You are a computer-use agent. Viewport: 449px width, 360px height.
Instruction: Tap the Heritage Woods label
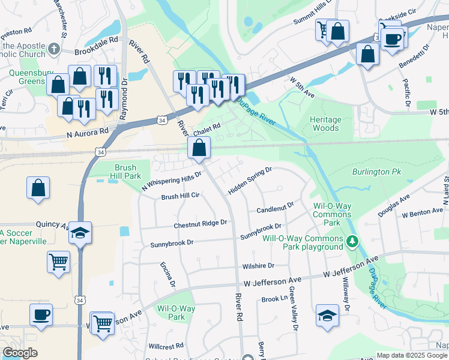325,124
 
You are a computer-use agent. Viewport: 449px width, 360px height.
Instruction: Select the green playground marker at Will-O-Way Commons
354,242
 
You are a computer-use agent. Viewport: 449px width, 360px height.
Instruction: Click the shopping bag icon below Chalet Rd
199,148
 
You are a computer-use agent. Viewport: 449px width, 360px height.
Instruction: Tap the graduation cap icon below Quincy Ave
79,233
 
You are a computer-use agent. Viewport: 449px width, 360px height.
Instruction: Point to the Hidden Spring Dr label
250,181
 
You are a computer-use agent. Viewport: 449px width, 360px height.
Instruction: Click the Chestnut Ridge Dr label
200,223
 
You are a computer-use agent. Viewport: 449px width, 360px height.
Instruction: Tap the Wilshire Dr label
258,265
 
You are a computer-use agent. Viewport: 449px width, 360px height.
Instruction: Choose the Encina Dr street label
166,275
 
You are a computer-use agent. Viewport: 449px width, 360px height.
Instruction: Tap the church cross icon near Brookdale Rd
55,49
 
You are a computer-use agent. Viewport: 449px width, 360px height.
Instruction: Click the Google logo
20,353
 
